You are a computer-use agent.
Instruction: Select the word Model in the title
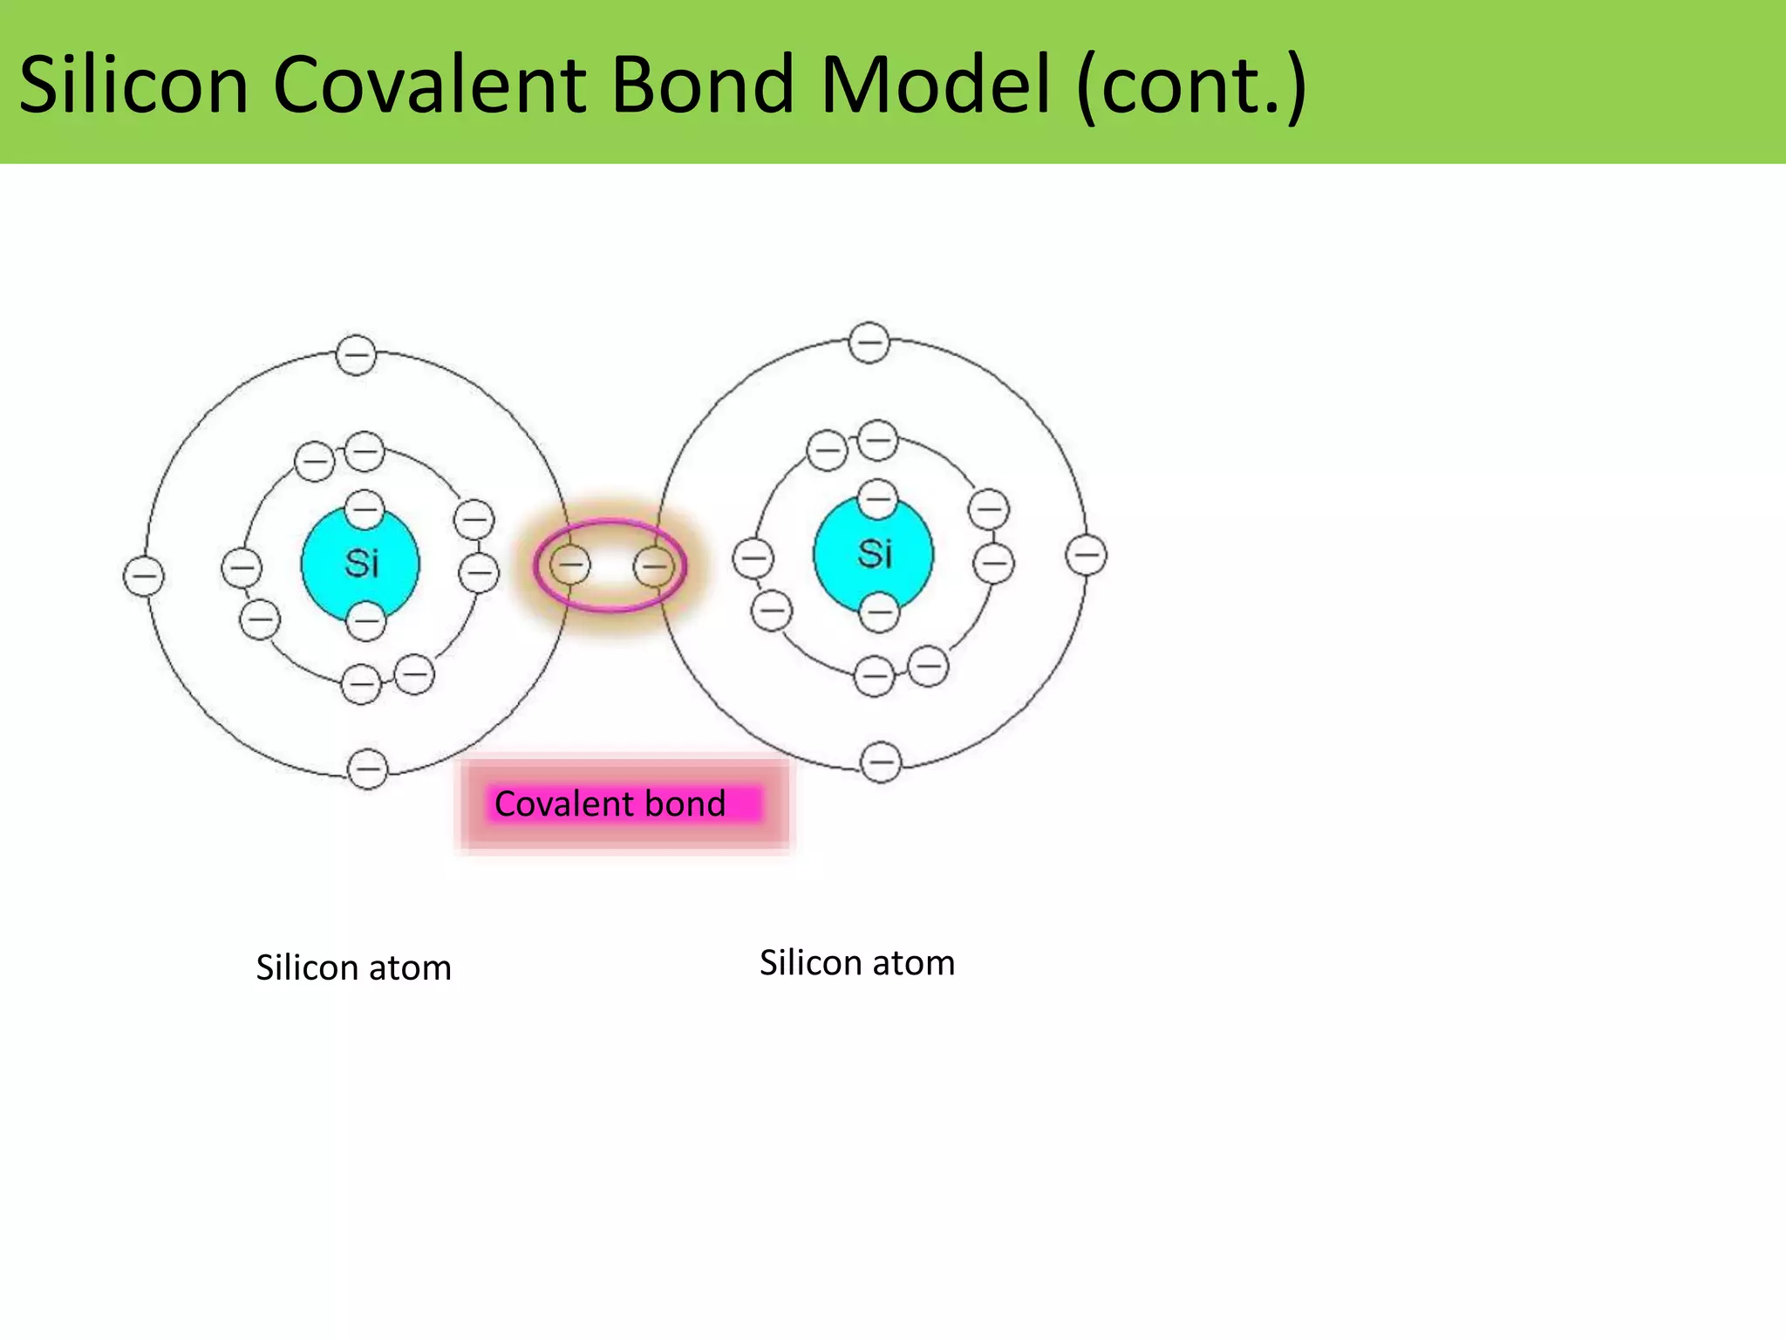pos(935,85)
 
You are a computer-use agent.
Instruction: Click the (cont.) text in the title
pos(1191,85)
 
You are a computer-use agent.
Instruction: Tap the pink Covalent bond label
pos(610,803)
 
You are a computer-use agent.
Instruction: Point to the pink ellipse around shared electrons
pos(610,523)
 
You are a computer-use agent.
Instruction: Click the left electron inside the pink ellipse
pos(569,565)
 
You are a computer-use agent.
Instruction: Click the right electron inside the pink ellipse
pos(653,566)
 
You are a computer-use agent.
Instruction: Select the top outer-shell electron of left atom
pos(356,355)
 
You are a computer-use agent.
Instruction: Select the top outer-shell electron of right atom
pos(869,342)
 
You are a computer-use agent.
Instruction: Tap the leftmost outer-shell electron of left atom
pos(144,576)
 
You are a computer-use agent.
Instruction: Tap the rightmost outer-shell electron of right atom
pos(1086,555)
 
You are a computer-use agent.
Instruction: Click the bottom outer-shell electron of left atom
pos(367,769)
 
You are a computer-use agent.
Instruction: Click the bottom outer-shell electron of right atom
pos(881,762)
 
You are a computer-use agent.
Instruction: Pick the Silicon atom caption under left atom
pos(353,968)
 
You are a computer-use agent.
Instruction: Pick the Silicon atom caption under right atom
pos(857,963)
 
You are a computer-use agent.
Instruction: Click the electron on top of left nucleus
pos(365,509)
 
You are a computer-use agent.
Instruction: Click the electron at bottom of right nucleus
pos(878,612)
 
